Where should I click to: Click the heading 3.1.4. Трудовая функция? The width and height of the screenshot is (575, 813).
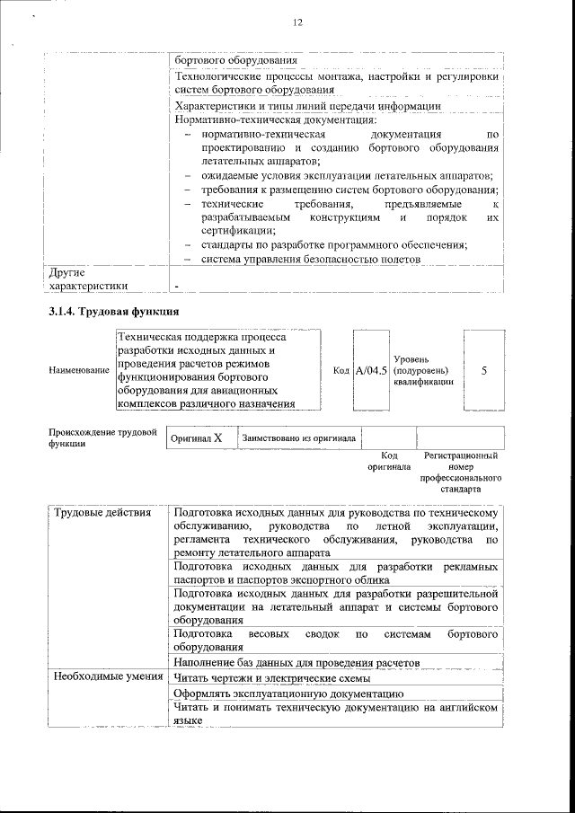(x=114, y=312)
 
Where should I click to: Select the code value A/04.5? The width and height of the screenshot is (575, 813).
(x=371, y=370)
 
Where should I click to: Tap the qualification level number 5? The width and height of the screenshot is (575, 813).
(x=484, y=370)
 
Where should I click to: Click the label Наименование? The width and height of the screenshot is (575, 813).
(x=79, y=370)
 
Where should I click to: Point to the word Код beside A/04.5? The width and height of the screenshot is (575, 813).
(x=341, y=370)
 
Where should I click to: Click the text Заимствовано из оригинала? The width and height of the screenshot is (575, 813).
(x=298, y=437)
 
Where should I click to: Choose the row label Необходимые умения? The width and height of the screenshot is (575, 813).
(x=107, y=676)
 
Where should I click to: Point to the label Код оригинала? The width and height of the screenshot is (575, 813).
(x=389, y=461)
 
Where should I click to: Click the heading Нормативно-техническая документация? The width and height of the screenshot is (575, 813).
(x=276, y=119)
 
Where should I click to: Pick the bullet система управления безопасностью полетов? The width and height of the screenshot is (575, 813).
(x=310, y=260)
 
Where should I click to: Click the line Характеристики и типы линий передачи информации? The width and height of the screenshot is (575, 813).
(x=308, y=106)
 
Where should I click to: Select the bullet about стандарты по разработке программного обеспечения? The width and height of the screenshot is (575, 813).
(x=333, y=245)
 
